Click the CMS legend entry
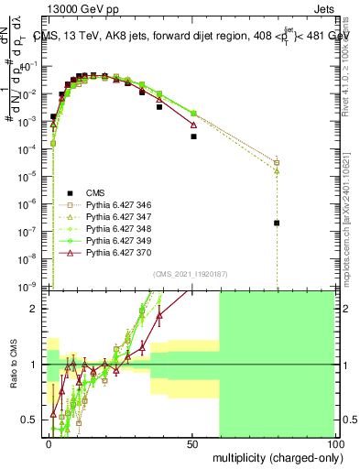click(x=95, y=192)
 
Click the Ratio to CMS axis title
click(x=12, y=365)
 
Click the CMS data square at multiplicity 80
click(x=277, y=223)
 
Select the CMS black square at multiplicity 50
click(x=193, y=136)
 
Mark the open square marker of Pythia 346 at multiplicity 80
click(x=277, y=163)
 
